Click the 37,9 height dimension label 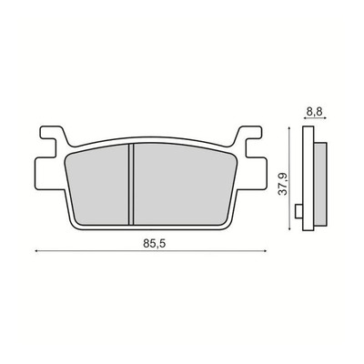[x=283, y=184]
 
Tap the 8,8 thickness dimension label [x=315, y=111]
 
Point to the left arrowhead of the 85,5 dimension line [x=37, y=251]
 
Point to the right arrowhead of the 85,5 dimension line [x=266, y=251]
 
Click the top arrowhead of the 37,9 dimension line [x=290, y=129]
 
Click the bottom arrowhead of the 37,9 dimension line [x=290, y=228]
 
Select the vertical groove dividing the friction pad [x=131, y=184]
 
